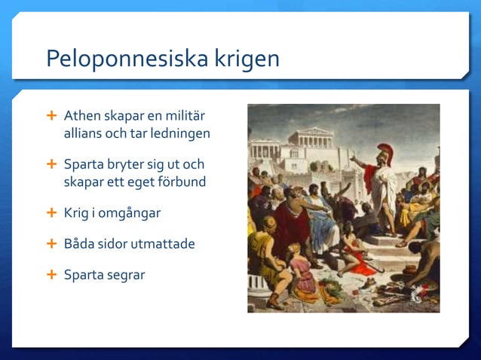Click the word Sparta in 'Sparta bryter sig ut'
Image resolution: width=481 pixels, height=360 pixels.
(x=84, y=164)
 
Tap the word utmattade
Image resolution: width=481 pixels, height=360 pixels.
(x=167, y=244)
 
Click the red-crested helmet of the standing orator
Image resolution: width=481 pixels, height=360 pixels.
(x=384, y=151)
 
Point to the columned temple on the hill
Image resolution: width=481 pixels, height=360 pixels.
(x=311, y=139)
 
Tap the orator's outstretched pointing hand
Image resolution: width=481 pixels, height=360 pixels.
(x=353, y=158)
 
